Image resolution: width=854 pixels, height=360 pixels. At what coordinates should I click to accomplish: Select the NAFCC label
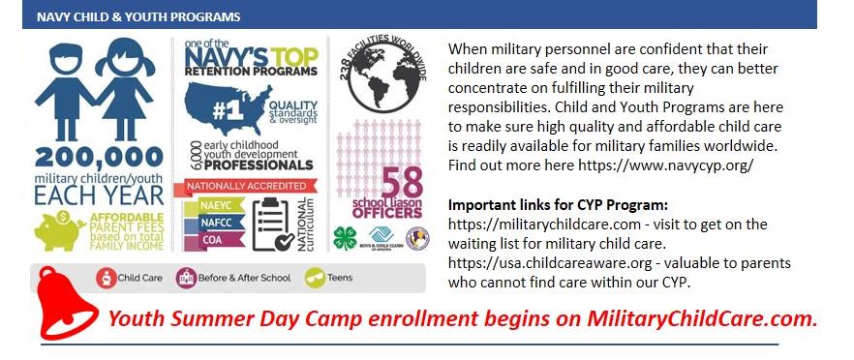pyautogui.click(x=207, y=222)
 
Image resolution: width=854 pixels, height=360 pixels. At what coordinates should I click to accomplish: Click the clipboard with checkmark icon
pyautogui.click(x=271, y=223)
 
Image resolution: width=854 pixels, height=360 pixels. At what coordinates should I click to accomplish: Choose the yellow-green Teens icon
pyautogui.click(x=314, y=279)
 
